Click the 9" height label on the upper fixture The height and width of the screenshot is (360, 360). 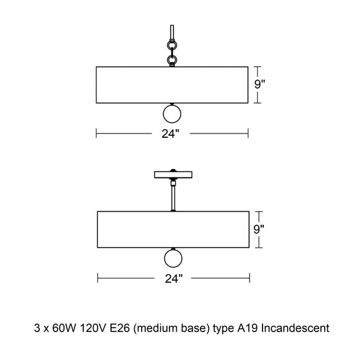pyautogui.click(x=259, y=84)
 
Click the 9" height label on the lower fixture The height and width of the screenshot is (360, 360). pyautogui.click(x=259, y=229)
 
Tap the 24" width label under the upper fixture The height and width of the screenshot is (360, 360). pyautogui.click(x=170, y=133)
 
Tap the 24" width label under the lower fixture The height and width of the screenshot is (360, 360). pyautogui.click(x=174, y=279)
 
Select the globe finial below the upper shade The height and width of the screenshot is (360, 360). pyautogui.click(x=172, y=114)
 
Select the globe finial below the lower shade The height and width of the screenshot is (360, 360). pyautogui.click(x=173, y=258)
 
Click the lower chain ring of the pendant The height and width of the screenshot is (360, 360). pyautogui.click(x=172, y=60)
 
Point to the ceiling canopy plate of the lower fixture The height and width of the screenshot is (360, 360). pyautogui.click(x=173, y=174)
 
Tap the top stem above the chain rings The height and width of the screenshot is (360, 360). pyautogui.click(x=172, y=32)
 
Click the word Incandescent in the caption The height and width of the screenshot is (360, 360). pyautogui.click(x=295, y=328)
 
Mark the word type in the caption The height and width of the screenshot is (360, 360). pyautogui.click(x=223, y=329)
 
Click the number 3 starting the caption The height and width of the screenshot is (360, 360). pyautogui.click(x=37, y=328)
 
